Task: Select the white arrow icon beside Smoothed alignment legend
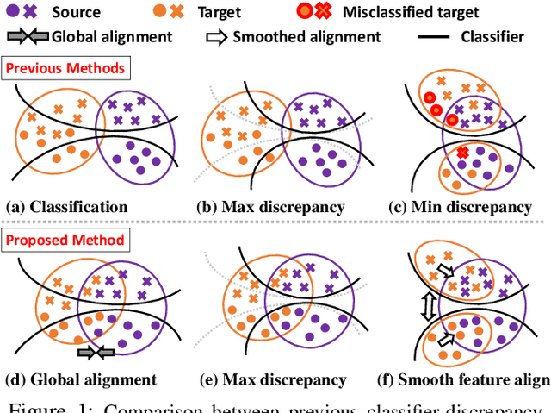tap(216, 37)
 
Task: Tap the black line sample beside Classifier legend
tap(436, 37)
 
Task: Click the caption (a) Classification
tap(67, 207)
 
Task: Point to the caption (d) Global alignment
tap(81, 379)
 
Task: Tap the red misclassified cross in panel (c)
tap(462, 153)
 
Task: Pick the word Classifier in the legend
tap(494, 37)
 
